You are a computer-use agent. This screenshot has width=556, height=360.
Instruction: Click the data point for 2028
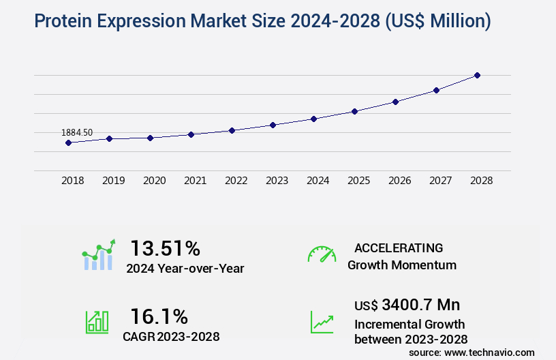point(477,75)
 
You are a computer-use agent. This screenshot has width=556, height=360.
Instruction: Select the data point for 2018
point(68,142)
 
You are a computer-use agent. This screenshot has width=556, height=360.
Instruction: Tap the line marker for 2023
point(273,125)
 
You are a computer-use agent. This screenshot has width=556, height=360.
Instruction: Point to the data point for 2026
point(395,102)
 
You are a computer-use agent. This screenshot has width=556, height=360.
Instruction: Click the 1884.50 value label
point(77,132)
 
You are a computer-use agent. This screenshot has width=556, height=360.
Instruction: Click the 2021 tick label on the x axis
point(195,181)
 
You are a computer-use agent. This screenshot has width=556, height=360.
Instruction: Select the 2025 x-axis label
point(358,181)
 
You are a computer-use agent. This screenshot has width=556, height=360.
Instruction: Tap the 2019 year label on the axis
point(113,181)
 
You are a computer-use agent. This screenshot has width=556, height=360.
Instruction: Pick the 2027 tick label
point(440,181)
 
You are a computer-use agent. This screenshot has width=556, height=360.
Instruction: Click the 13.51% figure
point(165,248)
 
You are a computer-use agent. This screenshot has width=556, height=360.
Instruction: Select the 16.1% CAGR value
point(159,316)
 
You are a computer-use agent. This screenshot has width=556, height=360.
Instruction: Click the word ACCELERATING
point(399,247)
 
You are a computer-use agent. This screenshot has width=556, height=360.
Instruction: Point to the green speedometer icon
point(322,254)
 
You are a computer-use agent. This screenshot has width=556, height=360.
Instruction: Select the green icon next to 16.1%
point(96,322)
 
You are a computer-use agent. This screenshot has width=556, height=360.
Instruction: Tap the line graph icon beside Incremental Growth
point(322,322)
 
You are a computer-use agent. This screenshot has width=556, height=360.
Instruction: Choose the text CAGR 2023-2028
point(171,336)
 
